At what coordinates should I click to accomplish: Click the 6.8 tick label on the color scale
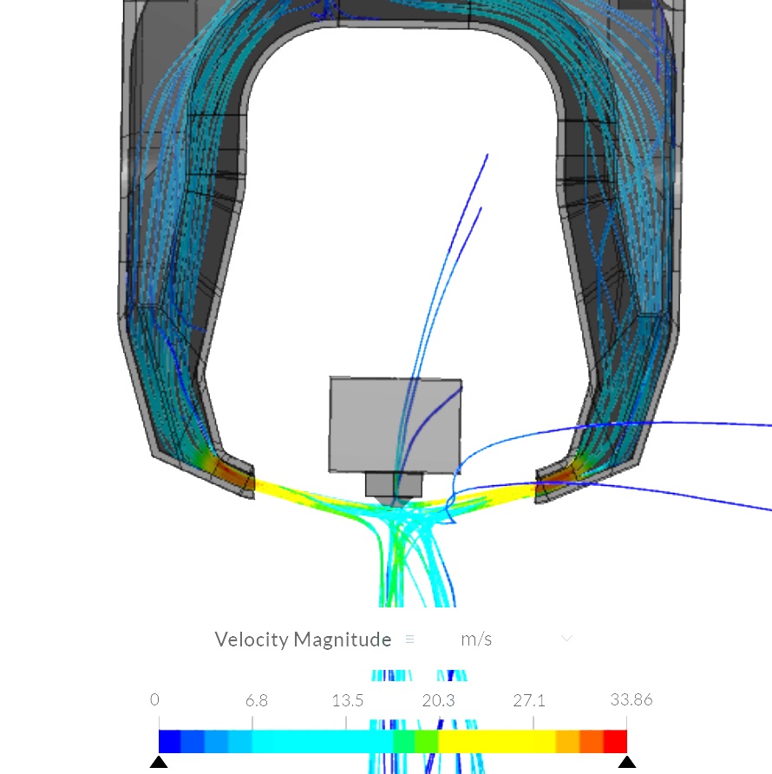click(257, 700)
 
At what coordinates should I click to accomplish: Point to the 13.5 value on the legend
click(348, 700)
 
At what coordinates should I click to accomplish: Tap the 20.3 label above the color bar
click(438, 700)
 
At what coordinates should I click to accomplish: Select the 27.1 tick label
click(529, 700)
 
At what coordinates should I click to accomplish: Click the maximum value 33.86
click(631, 700)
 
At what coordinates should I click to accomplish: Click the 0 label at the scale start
click(154, 700)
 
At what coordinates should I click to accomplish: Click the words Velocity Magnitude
click(303, 640)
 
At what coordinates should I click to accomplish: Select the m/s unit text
click(476, 640)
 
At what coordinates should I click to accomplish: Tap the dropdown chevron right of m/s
click(567, 639)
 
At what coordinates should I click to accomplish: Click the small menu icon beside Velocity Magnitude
click(409, 640)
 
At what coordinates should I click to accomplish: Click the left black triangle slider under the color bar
click(159, 763)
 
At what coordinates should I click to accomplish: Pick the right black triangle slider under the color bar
click(627, 763)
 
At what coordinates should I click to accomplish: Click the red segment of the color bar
click(614, 741)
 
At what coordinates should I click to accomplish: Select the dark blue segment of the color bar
click(169, 741)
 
